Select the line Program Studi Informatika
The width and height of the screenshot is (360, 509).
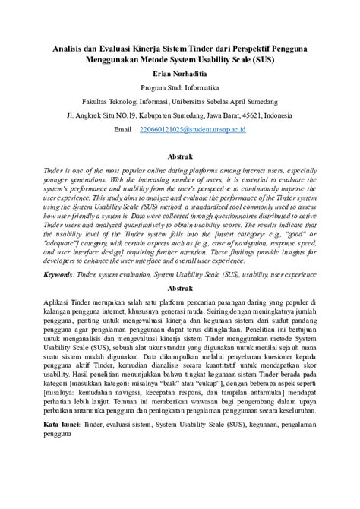click(179, 87)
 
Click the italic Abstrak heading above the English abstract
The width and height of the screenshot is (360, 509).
click(179, 156)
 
